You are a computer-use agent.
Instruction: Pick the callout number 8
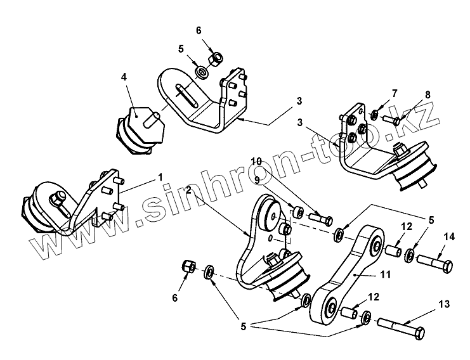point(428,94)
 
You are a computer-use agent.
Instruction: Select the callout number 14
point(450,237)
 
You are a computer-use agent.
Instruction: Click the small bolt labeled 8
point(389,120)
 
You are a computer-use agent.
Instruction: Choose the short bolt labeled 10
point(320,219)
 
